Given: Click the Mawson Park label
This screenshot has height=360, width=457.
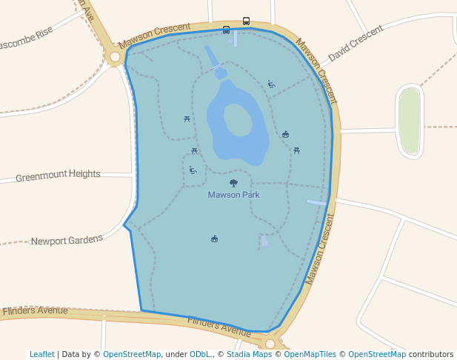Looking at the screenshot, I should (233, 195).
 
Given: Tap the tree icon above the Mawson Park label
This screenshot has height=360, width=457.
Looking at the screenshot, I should (234, 183).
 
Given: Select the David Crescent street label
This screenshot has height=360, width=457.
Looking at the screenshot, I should (356, 44).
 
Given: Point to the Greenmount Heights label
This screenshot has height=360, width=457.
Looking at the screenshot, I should (58, 175).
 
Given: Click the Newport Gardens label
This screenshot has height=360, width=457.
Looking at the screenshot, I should (67, 241).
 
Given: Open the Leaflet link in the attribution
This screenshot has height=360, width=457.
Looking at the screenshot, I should (41, 354).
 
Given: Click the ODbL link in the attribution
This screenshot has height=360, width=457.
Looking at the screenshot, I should (200, 354).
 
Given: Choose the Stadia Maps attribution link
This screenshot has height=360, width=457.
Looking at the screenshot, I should (248, 354).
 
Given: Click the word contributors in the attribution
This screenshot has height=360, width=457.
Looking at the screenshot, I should (431, 354).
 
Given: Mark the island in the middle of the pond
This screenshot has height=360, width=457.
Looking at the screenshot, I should (238, 120).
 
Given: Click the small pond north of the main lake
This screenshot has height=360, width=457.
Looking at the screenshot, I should (221, 73).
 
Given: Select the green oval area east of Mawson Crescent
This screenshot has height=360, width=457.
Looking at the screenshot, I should (409, 121).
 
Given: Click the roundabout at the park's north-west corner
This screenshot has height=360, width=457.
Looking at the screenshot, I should (115, 56).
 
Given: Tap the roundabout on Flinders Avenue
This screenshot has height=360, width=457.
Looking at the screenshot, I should (270, 344).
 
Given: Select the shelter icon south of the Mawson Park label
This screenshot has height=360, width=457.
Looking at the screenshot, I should (214, 239).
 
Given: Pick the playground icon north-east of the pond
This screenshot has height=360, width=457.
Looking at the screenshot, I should (271, 84).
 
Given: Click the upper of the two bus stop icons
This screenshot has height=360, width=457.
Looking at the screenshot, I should (246, 21).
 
